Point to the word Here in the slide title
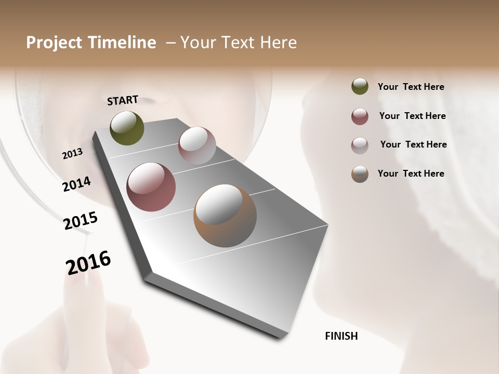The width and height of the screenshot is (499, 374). click(279, 43)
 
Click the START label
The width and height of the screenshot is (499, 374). click(123, 100)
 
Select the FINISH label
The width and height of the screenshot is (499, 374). click(342, 336)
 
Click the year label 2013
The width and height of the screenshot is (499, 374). click(72, 154)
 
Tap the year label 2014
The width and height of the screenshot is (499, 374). click(77, 184)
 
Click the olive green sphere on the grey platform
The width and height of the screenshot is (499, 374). click(127, 128)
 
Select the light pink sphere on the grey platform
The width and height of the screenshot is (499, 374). click(197, 145)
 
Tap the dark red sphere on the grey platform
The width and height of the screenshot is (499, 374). click(151, 187)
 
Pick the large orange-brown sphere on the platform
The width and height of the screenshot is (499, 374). click(225, 216)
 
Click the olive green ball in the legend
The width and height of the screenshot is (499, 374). click(360, 87)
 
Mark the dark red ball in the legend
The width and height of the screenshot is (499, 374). click(360, 116)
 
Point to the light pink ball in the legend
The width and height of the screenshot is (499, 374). click(360, 145)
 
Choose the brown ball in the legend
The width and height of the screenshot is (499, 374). click(360, 174)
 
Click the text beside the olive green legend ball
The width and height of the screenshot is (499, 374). click(411, 87)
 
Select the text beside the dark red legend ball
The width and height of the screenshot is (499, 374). click(412, 116)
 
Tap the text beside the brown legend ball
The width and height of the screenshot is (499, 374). click(411, 173)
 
